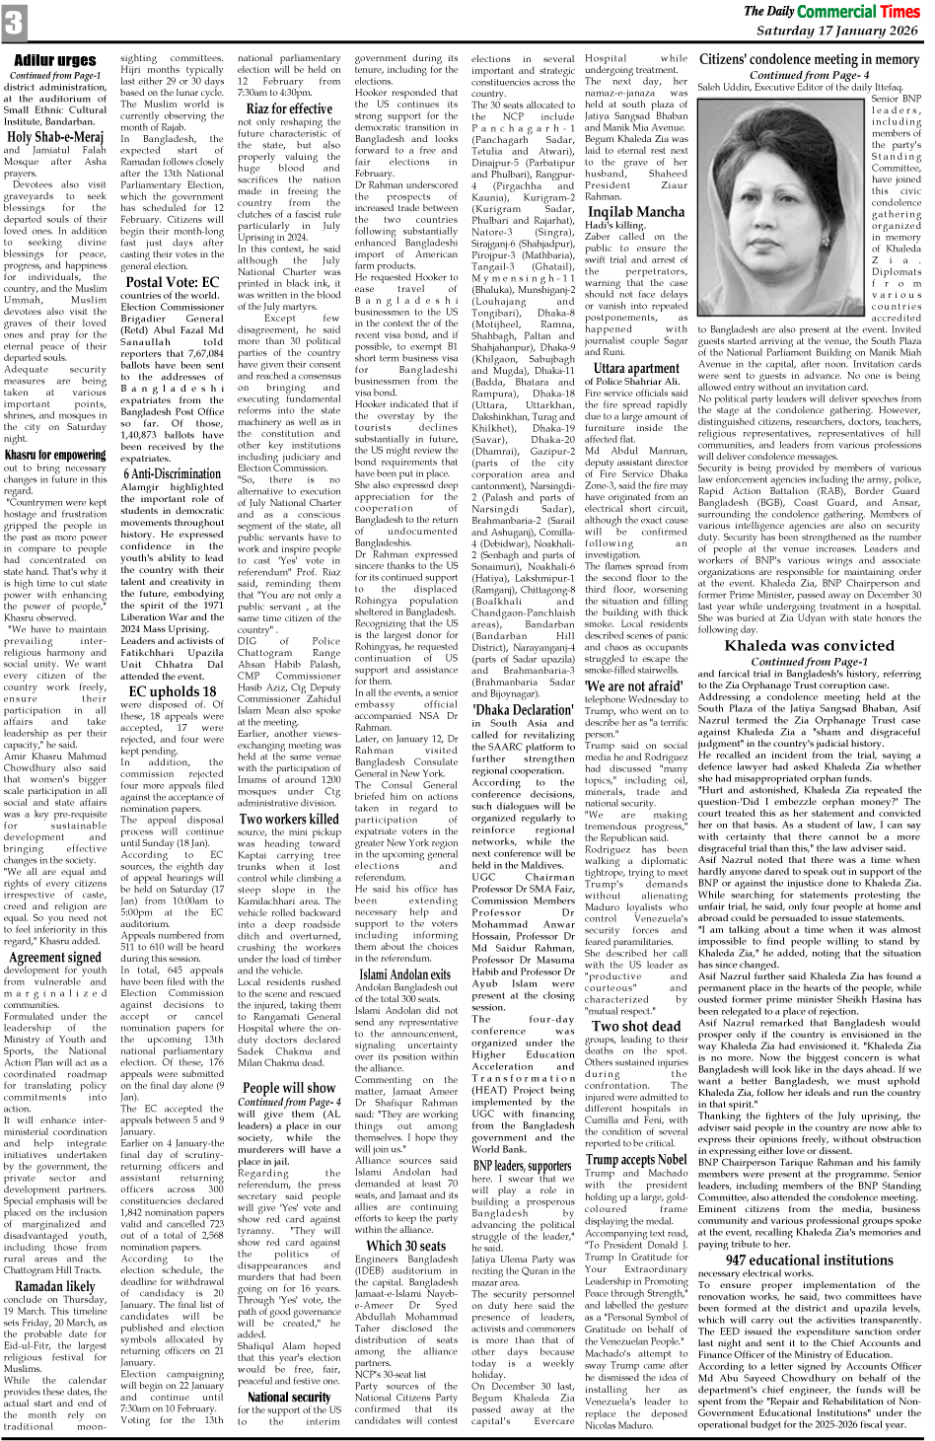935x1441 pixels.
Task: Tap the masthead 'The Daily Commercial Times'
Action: pos(830,11)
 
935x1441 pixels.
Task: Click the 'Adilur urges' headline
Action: pos(55,60)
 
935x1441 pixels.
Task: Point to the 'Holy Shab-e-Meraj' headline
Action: pos(55,137)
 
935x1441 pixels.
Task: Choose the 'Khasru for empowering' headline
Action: pos(55,455)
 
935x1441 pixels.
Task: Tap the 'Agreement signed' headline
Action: pos(55,957)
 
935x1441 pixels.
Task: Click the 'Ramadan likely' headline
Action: pos(55,1286)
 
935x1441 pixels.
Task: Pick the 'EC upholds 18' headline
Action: pos(173,691)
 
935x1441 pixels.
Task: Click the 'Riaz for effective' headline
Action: pos(289,108)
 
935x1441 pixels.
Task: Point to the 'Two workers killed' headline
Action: pos(289,819)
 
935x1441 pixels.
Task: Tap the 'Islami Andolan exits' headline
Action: pos(405,974)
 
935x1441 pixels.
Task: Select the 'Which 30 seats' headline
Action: pos(405,1246)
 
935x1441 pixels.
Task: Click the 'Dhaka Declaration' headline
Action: pos(522,709)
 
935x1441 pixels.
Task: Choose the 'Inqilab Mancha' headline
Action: pos(636,212)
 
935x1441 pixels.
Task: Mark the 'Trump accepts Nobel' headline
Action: pos(636,1159)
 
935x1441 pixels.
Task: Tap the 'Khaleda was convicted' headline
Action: pos(809,646)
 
